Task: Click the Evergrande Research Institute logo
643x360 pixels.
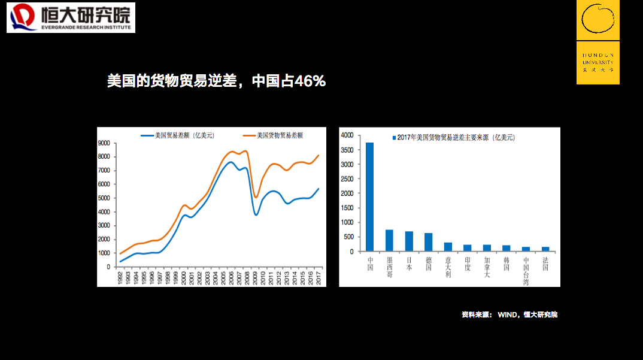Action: (x=71, y=17)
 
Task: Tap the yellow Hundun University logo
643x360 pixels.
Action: (x=597, y=42)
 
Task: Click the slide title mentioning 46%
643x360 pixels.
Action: (x=216, y=81)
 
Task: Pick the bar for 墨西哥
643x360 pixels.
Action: (x=389, y=240)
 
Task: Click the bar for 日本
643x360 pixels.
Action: (x=409, y=241)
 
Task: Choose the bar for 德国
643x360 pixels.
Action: (x=428, y=242)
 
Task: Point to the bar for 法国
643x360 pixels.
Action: (x=545, y=249)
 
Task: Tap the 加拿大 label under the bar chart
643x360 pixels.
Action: (x=487, y=267)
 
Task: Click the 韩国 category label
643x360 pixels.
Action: (x=506, y=264)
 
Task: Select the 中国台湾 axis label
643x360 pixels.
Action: (x=526, y=271)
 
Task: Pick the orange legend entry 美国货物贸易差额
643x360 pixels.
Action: (x=272, y=135)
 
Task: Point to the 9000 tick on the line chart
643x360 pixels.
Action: (x=104, y=143)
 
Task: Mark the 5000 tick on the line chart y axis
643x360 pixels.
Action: (x=104, y=198)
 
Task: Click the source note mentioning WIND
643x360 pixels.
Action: (x=509, y=314)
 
